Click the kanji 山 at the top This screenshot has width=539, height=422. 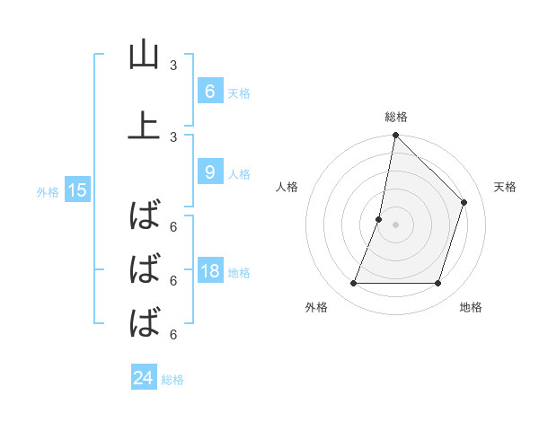pyautogui.click(x=144, y=56)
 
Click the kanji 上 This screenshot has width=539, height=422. pyautogui.click(x=144, y=126)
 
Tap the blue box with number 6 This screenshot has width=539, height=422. pyautogui.click(x=209, y=91)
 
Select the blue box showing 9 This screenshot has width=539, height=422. pyautogui.click(x=209, y=171)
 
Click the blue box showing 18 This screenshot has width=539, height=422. pyautogui.click(x=209, y=271)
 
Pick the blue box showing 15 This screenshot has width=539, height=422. pyautogui.click(x=76, y=190)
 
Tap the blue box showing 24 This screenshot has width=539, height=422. pyautogui.click(x=144, y=378)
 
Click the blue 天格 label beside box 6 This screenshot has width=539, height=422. pyautogui.click(x=239, y=92)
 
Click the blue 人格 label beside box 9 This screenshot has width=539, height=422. pyautogui.click(x=239, y=173)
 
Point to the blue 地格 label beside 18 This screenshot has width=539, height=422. pyautogui.click(x=240, y=273)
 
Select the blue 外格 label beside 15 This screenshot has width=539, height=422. pyautogui.click(x=48, y=191)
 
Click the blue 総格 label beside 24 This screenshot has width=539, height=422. pyautogui.click(x=172, y=380)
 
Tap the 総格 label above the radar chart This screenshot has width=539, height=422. pyautogui.click(x=395, y=117)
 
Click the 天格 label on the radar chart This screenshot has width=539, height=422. pyautogui.click(x=506, y=187)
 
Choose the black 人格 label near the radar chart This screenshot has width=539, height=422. pyautogui.click(x=287, y=187)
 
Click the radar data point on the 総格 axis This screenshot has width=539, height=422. pyautogui.click(x=395, y=136)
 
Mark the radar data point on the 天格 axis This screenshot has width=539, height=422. pyautogui.click(x=464, y=202)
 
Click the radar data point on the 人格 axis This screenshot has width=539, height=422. pyautogui.click(x=379, y=219)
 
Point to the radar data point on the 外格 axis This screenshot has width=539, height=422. pyautogui.click(x=353, y=284)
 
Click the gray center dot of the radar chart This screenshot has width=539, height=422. pyautogui.click(x=395, y=224)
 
